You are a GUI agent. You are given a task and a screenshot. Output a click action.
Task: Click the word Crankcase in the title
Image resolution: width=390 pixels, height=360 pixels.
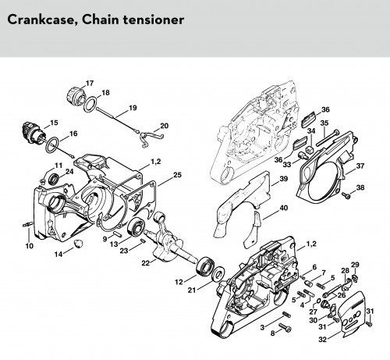41,20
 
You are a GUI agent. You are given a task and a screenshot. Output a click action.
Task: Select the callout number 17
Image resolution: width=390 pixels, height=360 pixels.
90,84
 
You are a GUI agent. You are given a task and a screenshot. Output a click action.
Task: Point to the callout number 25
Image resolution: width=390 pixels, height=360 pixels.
177,175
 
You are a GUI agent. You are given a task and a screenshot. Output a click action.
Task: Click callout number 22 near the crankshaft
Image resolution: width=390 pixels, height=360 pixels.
146,263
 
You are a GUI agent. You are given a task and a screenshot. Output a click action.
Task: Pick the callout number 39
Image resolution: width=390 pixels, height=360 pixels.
284,179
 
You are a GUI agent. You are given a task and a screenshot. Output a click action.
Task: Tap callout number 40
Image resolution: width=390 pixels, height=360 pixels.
284,208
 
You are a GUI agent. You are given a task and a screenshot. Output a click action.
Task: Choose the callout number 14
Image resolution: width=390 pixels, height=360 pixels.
58,254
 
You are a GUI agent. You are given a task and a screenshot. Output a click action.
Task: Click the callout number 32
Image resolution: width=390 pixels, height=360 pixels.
322,340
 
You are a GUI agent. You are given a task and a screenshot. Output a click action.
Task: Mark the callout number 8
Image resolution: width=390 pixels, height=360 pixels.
272,333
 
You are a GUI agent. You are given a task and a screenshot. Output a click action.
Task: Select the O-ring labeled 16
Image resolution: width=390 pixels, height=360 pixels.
53,145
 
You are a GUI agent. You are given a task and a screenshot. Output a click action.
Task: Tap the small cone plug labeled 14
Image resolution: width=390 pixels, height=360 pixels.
78,244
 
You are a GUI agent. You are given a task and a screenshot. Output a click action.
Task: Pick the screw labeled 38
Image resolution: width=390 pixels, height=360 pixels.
346,195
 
